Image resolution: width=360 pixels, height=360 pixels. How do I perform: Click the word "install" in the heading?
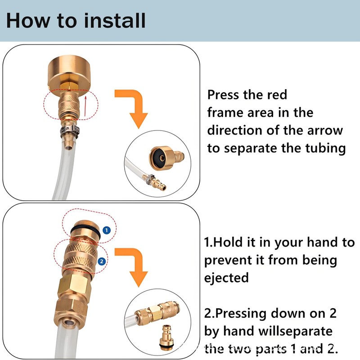115,20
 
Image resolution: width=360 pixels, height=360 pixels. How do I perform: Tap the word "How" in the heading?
28,20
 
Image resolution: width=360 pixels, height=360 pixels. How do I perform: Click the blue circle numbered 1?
106,230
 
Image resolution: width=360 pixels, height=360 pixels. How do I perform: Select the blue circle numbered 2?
102,261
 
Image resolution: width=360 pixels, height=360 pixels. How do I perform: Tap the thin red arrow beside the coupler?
85,106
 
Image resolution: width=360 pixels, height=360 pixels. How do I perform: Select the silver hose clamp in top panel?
70,131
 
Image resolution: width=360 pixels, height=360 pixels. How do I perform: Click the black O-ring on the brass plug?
85,230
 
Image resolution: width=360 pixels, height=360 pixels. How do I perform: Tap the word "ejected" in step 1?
226,278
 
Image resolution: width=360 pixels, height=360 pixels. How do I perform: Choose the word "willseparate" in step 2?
295,331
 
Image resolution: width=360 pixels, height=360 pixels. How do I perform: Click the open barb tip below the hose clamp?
68,146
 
